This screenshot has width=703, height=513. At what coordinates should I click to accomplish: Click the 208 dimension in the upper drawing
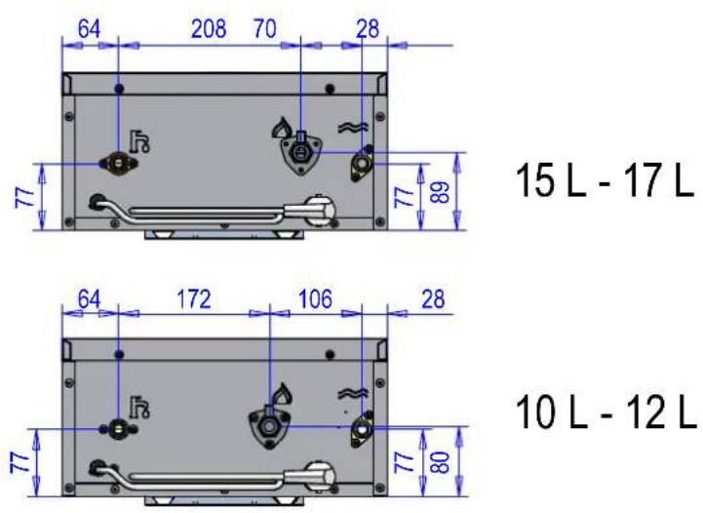[x=209, y=29]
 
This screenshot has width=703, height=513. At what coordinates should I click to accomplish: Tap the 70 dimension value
[x=264, y=29]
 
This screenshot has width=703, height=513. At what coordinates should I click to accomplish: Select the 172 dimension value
[x=194, y=299]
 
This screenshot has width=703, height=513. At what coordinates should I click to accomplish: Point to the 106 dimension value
[x=316, y=299]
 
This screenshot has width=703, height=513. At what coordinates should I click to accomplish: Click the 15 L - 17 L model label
[x=605, y=180]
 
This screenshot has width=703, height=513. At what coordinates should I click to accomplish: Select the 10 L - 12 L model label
[x=606, y=413]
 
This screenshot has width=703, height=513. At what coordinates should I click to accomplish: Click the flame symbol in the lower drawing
[x=283, y=394]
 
